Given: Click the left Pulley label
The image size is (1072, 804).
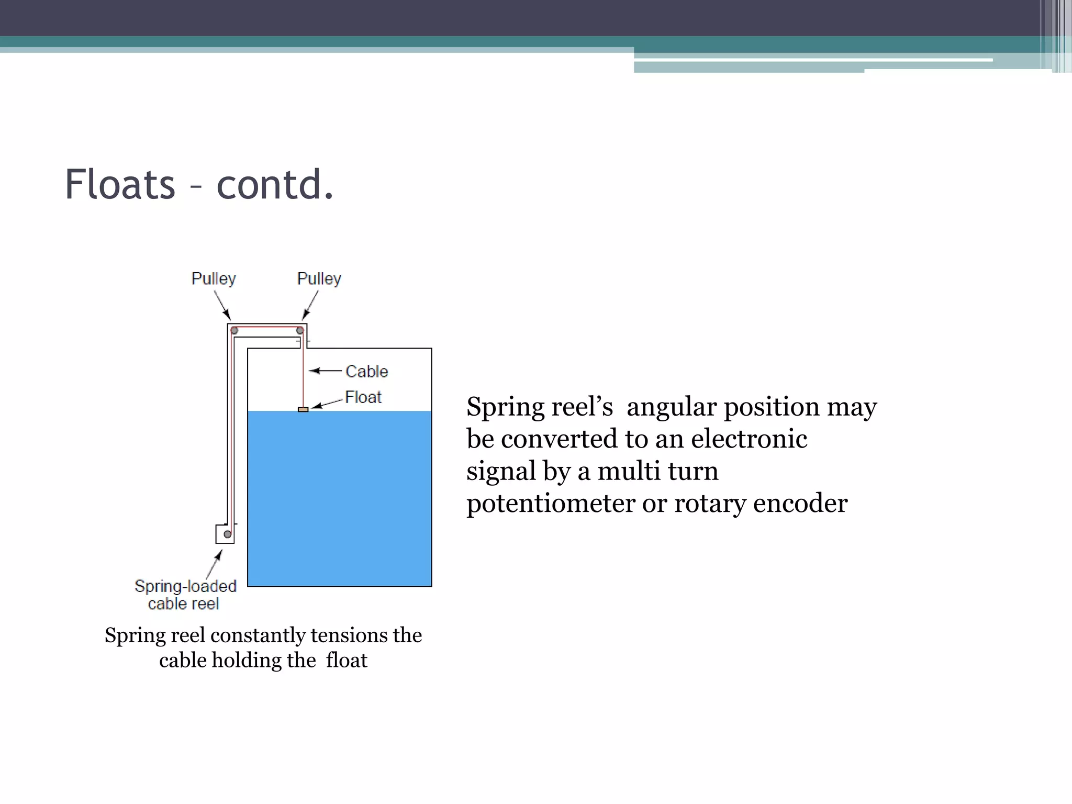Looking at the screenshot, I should point(214,278).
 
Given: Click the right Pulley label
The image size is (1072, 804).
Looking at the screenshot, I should point(319,278).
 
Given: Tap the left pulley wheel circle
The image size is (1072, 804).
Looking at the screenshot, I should point(234,331).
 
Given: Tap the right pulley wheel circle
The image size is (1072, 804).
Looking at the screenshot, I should point(300,331).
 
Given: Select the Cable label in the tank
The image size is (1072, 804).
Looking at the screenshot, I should point(367,372).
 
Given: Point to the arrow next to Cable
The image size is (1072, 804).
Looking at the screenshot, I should point(325,371).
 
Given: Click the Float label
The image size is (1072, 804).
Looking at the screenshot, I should point(363,397).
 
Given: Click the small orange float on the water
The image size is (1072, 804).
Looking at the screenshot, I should point(303,409).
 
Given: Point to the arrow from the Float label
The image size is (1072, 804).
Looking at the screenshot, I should point(328,404).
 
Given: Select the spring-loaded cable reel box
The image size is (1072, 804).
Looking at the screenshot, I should point(225,534).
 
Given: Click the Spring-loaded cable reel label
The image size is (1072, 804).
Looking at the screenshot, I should point(185,595).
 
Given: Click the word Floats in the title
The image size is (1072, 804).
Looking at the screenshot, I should point(120,185).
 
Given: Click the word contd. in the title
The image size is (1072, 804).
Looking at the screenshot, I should point(275,185).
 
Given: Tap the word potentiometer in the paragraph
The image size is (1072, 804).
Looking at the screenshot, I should point(551,504).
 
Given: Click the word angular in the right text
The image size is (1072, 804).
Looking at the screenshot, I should point(671,407).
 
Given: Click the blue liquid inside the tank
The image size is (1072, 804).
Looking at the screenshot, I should point(339,497).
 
